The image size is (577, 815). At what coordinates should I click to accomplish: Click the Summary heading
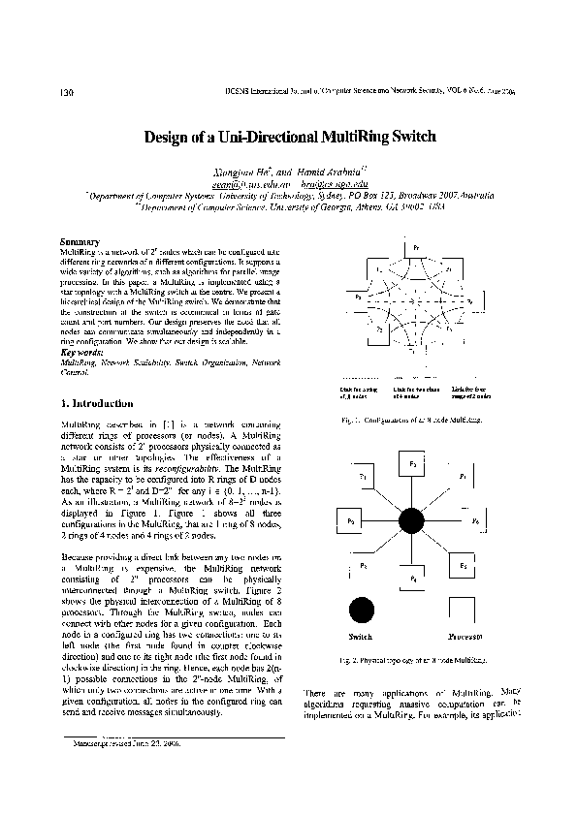pyautogui.click(x=77, y=240)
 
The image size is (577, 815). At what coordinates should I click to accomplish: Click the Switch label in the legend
pyautogui.click(x=360, y=637)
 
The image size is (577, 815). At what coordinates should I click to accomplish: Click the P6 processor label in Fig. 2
pyautogui.click(x=475, y=521)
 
